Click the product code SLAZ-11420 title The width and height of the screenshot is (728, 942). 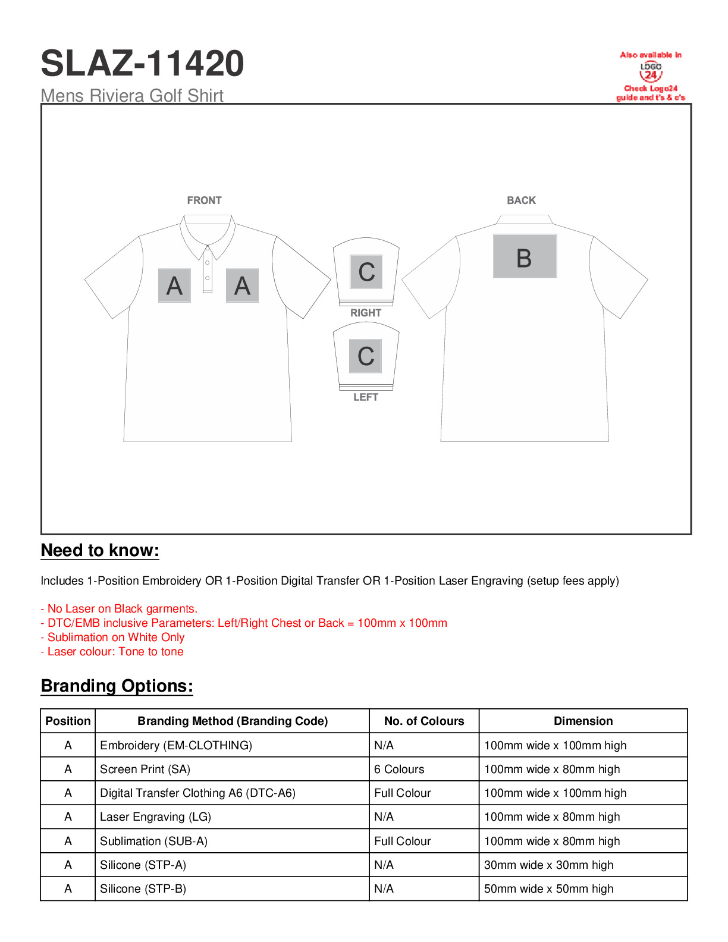pos(142,64)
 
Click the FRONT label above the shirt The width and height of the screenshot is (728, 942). pos(204,200)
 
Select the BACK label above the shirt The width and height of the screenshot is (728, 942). pos(521,200)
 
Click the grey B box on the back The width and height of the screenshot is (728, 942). pos(525,256)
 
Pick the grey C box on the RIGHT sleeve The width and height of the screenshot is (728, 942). pos(366,272)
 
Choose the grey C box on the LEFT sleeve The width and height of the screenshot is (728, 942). pos(365,356)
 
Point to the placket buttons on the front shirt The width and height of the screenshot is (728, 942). pos(207,271)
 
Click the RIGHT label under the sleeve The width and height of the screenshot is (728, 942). pos(365,313)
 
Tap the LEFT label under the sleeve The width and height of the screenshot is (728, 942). pos(365,397)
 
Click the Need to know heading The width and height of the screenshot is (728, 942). pos(100,550)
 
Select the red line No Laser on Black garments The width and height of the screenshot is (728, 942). pos(119,608)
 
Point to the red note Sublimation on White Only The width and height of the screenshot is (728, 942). pos(113,637)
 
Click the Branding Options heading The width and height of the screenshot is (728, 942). pos(117,686)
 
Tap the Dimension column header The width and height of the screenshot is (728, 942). pos(583,721)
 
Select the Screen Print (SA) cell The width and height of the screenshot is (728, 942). pos(145,769)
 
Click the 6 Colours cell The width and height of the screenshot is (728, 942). pos(399,769)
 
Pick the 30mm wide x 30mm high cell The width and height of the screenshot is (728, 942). pos(548,865)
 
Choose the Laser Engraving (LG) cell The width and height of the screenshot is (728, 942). pos(155,817)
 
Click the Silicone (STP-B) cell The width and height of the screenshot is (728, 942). pos(143,888)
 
